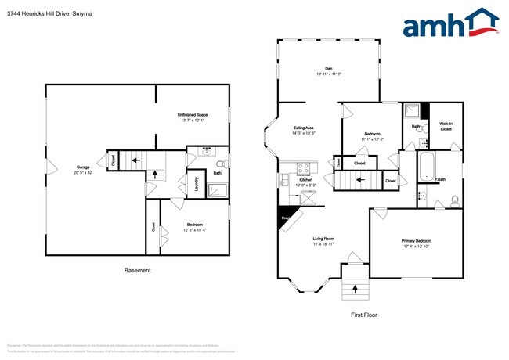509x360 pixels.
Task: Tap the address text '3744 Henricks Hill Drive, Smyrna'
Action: tap(45, 12)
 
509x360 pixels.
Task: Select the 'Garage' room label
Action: tap(82, 167)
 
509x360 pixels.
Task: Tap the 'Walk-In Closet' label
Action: tap(446, 125)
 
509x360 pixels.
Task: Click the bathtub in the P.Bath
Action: tap(428, 166)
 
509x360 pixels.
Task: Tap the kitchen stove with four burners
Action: tap(305, 167)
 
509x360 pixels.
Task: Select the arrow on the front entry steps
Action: tap(355, 290)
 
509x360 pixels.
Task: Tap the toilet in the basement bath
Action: tap(221, 164)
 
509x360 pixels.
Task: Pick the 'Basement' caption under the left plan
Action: tap(138, 271)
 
